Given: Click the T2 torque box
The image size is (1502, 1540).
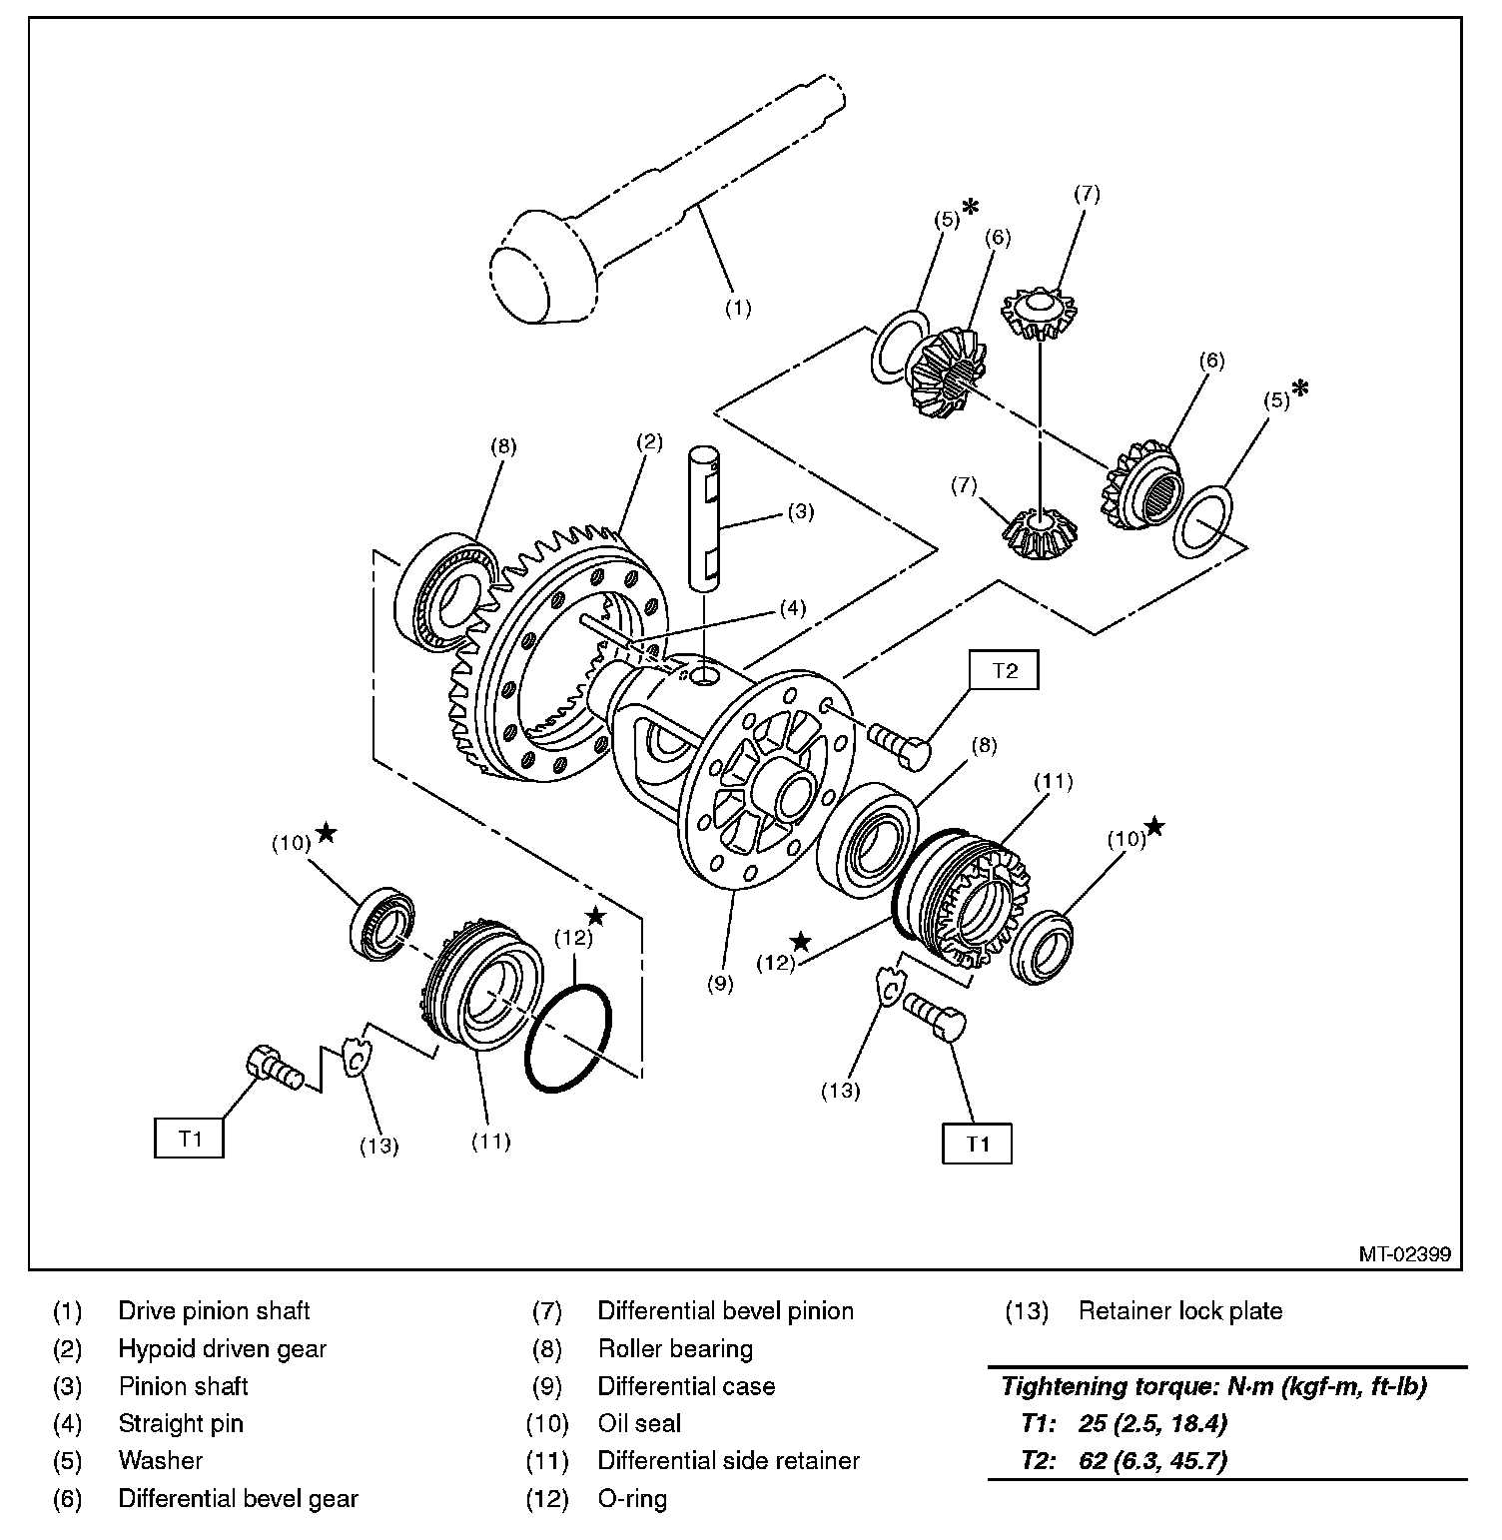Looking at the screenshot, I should point(1004,671).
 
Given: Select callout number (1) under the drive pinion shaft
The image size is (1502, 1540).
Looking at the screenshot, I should point(737,309).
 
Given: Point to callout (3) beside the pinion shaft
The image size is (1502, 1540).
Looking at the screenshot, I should point(800,512).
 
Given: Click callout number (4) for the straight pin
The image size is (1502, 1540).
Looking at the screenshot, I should point(792,607).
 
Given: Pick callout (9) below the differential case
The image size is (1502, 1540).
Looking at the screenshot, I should point(720,983).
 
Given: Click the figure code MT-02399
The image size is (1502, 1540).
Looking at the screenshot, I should point(1403,1253).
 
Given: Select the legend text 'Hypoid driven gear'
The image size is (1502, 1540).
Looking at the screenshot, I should point(222,1349).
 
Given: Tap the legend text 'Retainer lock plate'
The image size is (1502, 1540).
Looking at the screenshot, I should point(1179,1311).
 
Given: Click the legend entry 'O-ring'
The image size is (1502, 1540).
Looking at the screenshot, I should point(632,1498).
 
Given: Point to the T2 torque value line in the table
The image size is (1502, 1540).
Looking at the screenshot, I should point(1124,1461).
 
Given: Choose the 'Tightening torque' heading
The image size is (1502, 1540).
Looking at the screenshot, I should point(1213,1386).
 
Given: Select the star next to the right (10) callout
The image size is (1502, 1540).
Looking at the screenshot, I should point(1154,826).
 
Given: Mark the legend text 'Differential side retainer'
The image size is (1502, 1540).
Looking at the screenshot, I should point(728,1461).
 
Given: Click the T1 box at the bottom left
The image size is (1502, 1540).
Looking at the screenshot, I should point(189,1138).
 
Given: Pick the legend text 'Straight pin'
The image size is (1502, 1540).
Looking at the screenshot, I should point(181,1423).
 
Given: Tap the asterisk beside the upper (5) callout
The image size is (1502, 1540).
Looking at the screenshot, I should point(969,209).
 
